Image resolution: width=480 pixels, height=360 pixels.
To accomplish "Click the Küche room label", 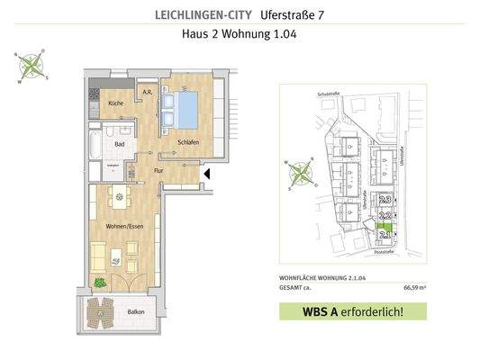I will coord(115,104).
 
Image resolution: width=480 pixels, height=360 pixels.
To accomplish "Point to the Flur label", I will coord(158,170).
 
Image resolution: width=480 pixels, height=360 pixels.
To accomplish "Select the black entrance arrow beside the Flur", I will coord(207,173).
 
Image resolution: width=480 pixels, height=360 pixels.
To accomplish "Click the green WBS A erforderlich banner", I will coord(352,312).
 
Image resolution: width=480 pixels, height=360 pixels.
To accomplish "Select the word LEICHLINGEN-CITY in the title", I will coord(187,14).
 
